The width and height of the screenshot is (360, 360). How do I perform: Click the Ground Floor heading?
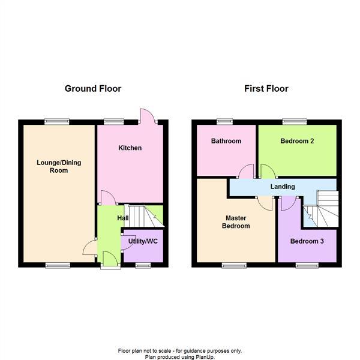[93, 89]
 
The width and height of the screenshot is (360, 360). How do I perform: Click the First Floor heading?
[266, 89]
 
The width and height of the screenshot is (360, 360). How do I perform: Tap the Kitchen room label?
[130, 148]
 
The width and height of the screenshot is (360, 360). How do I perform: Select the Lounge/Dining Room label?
[59, 166]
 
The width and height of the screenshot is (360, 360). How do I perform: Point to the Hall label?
[122, 218]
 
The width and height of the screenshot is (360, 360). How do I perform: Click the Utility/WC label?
[143, 241]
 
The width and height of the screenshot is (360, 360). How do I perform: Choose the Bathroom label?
[226, 142]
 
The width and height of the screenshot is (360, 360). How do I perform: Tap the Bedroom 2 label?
[298, 142]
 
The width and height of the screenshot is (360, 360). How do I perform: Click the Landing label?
[283, 187]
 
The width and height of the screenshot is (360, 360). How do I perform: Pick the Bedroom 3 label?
[306, 241]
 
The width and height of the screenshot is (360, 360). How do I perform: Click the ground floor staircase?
[144, 216]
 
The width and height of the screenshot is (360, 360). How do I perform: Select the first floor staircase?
[324, 210]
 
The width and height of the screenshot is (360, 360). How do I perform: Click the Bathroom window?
[225, 121]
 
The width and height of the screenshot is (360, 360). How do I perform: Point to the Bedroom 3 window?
[307, 265]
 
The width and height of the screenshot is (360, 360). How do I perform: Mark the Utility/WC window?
[142, 265]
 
